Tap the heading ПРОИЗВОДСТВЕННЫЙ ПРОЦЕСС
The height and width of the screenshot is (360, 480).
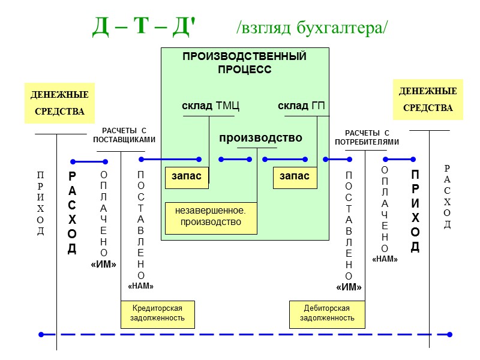244,63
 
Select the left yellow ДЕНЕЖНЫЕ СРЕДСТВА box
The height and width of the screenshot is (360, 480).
59,103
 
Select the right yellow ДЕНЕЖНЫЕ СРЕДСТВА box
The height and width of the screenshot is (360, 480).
428,100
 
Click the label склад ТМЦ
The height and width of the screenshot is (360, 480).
211,106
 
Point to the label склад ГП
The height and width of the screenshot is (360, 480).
301,106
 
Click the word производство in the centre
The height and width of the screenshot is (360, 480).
260,138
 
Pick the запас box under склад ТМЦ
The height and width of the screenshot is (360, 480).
187,176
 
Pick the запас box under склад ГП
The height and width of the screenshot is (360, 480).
295,176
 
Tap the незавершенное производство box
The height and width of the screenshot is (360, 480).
211,217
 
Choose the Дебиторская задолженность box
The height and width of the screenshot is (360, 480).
327,313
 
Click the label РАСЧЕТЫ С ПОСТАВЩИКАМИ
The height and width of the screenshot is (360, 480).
124,135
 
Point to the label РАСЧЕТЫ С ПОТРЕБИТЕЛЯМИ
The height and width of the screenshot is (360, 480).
367,137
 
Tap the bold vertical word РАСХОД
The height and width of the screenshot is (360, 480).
72,213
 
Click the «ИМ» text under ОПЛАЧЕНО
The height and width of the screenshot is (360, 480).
103,264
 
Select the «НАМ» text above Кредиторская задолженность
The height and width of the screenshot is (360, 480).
141,286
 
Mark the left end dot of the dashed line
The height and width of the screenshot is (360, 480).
41,334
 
